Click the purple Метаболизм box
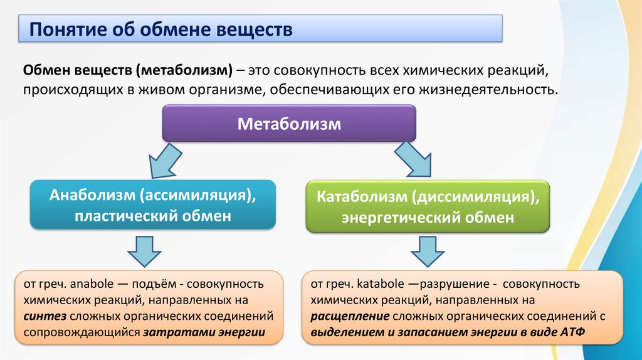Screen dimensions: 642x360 (x=289, y=123)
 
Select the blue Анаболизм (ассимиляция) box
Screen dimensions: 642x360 (x=153, y=204)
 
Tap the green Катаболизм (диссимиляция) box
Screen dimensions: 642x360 (x=428, y=207)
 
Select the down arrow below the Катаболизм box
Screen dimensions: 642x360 (x=429, y=252)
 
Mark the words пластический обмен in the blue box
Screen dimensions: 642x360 (x=153, y=216)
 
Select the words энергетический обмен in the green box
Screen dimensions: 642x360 (x=428, y=218)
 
